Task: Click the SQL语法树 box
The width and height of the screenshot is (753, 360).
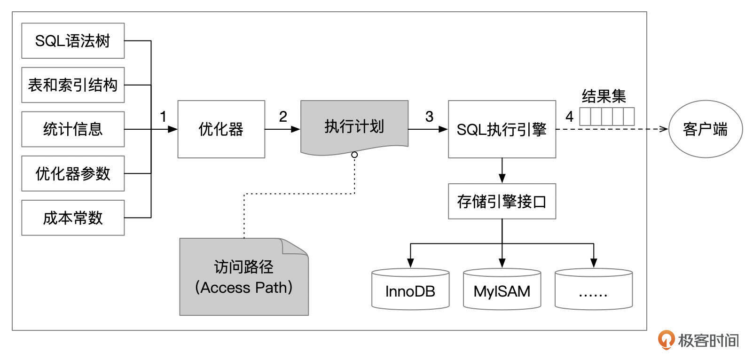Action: click(x=73, y=41)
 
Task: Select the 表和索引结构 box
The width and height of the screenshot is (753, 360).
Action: click(x=73, y=85)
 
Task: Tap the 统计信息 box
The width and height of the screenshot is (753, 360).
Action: click(x=73, y=129)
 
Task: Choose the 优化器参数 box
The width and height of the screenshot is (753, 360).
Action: click(x=73, y=173)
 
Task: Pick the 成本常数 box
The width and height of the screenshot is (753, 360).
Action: click(x=73, y=218)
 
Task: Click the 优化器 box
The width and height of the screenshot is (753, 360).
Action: click(x=221, y=129)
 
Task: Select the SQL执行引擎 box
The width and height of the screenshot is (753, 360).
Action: click(x=502, y=129)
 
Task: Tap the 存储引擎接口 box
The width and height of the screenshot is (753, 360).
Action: click(x=502, y=201)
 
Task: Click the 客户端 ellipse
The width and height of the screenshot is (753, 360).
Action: click(x=705, y=129)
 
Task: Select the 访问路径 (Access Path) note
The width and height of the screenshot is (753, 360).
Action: click(x=243, y=277)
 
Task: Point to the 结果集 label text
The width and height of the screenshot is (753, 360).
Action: click(x=604, y=96)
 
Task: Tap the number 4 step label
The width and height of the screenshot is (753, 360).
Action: click(x=569, y=117)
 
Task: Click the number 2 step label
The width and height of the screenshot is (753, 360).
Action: click(x=282, y=117)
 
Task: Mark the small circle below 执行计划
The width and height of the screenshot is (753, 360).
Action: click(x=354, y=155)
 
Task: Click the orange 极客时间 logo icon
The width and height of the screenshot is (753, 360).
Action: click(x=666, y=340)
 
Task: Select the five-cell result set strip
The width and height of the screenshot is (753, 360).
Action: click(x=606, y=117)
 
